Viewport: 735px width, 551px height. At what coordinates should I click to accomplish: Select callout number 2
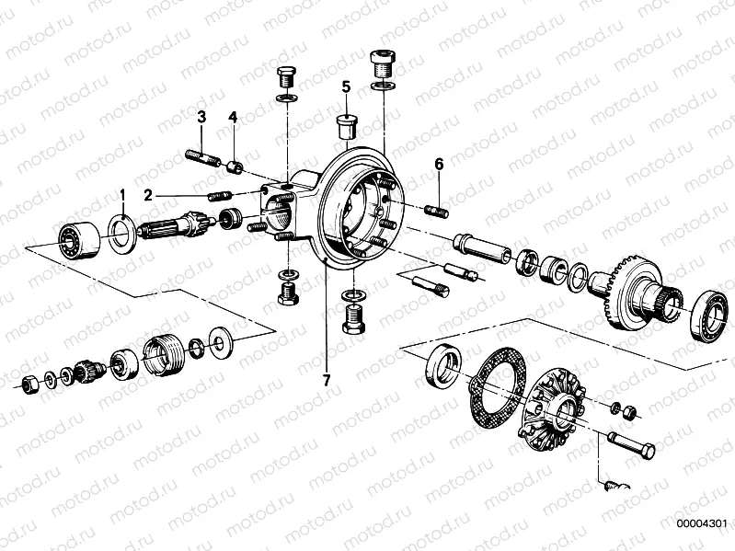147,195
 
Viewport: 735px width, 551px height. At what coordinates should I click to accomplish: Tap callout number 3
201,117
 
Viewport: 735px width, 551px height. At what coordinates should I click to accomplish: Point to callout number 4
233,117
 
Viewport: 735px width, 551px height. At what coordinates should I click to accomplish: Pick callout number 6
439,164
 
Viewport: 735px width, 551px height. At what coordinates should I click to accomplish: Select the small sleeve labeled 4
235,166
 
